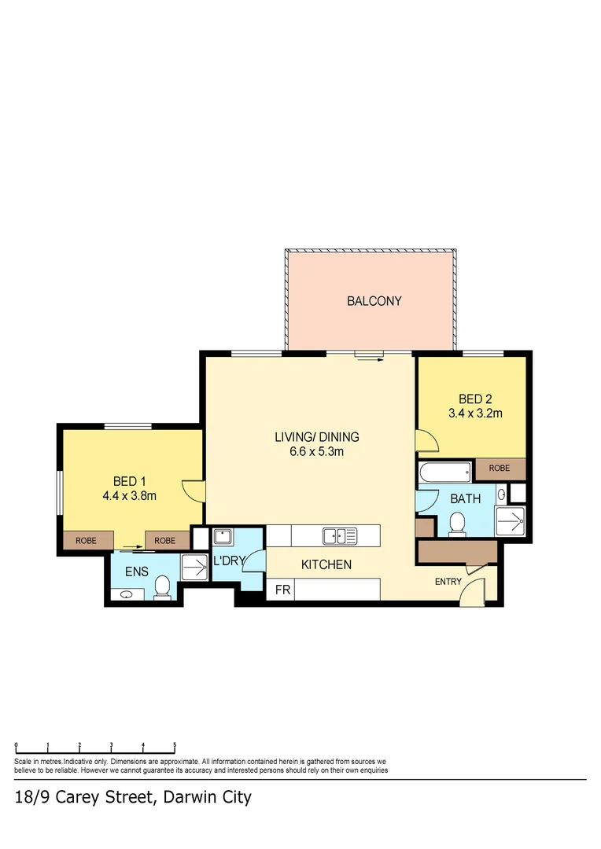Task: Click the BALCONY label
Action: click(x=374, y=301)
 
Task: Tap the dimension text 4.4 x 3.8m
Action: click(x=130, y=496)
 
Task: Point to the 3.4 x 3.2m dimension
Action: click(x=474, y=413)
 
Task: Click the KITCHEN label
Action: click(x=326, y=564)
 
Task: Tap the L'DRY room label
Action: click(x=230, y=561)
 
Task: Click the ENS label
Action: click(x=137, y=572)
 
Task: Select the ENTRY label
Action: click(x=448, y=582)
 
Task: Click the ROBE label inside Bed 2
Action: click(x=499, y=469)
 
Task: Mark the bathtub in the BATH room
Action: click(x=444, y=473)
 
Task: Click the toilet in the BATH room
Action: click(x=456, y=524)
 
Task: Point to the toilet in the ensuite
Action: click(x=163, y=586)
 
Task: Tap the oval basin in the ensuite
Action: click(x=126, y=595)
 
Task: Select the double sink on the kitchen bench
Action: click(x=339, y=536)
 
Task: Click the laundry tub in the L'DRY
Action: click(x=223, y=538)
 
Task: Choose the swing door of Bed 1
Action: click(x=193, y=490)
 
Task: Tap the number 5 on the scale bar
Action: click(x=175, y=744)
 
